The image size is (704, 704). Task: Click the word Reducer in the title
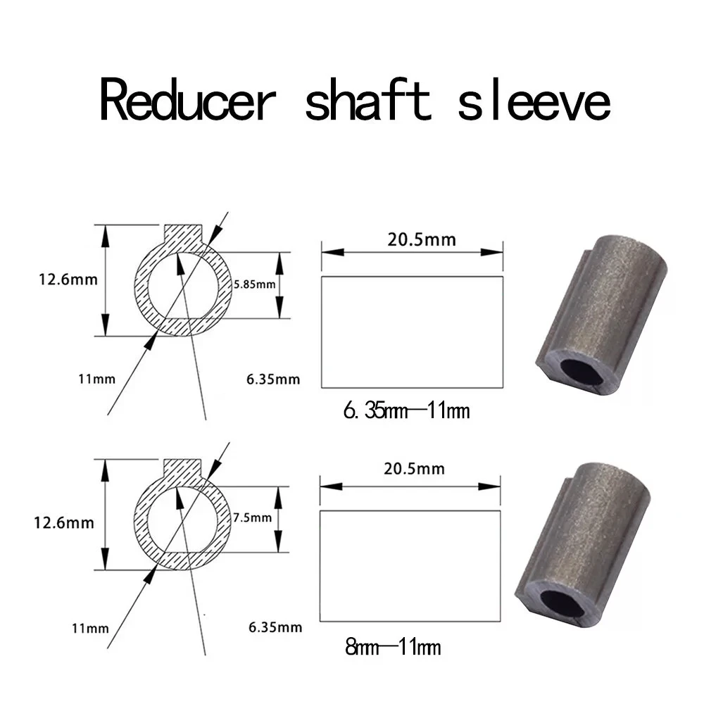pyautogui.click(x=195, y=102)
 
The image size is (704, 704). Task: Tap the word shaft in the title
pyautogui.click(x=367, y=102)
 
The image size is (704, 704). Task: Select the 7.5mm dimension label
pyautogui.click(x=251, y=517)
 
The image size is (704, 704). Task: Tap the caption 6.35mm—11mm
pyautogui.click(x=406, y=410)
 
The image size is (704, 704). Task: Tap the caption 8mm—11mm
pyautogui.click(x=393, y=646)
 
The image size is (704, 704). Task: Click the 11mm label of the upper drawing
pyautogui.click(x=96, y=379)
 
